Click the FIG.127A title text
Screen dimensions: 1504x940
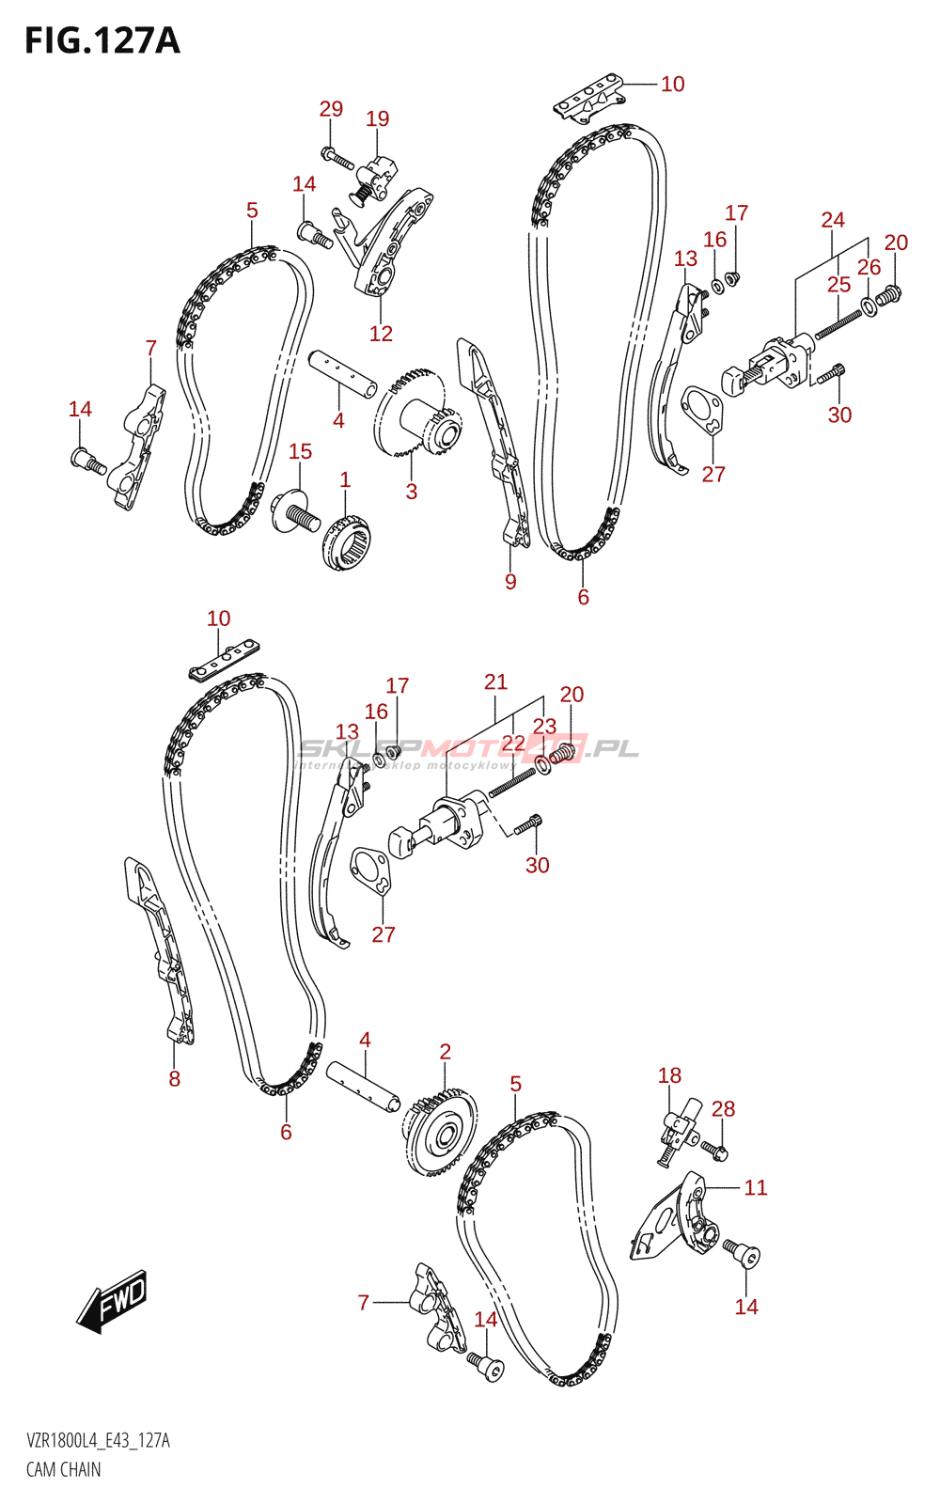102,40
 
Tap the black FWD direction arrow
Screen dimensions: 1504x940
112,1302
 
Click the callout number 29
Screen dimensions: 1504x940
331,109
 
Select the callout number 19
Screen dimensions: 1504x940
377,118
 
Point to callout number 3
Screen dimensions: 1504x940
411,491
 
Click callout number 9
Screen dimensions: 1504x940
510,581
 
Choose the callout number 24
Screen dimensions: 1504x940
833,220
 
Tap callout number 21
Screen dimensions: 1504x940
495,682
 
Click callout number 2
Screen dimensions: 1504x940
445,1052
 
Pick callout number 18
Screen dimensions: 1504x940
669,1075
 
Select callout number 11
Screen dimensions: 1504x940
756,1188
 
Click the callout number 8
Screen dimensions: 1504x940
174,1078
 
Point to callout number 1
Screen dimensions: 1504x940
345,479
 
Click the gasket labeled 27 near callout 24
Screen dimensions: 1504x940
702,411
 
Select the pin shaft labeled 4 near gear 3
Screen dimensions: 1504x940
343,373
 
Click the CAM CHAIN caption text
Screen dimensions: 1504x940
63,1469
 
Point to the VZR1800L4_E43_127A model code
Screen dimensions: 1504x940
98,1441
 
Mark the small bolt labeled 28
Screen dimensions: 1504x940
715,1148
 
